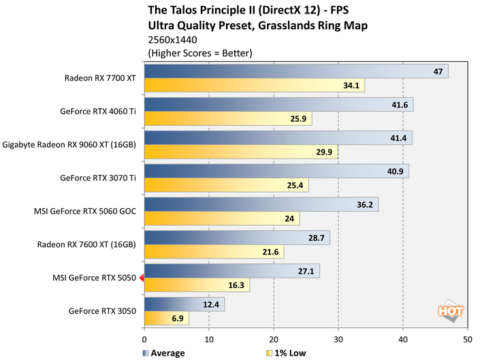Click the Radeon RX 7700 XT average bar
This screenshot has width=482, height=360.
click(296, 71)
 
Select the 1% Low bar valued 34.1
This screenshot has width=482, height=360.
click(255, 86)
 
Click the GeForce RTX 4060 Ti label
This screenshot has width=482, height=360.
click(98, 111)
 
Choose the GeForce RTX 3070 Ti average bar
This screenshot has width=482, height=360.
click(276, 171)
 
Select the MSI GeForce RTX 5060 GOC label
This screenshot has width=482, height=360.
click(85, 211)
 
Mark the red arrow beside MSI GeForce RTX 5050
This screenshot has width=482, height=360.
click(141, 278)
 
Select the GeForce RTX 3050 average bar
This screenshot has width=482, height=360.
click(184, 304)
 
